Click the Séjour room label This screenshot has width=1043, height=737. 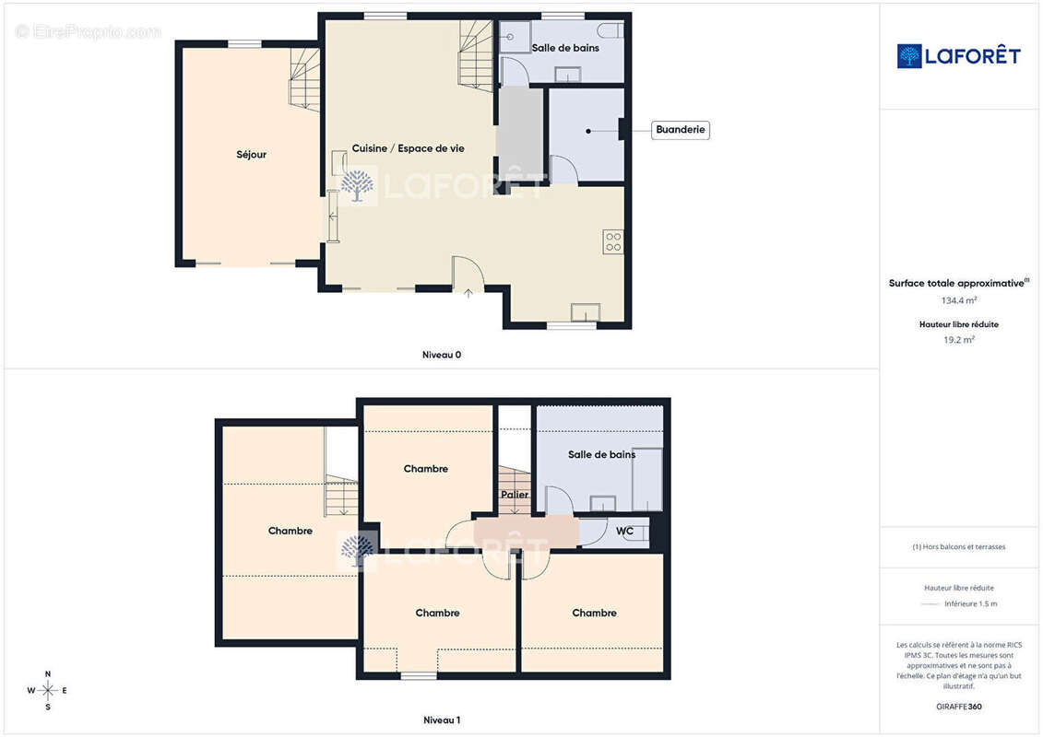252,155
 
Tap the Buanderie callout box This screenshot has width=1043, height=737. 680,130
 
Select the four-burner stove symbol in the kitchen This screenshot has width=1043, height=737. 613,242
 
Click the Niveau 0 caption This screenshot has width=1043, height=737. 442,355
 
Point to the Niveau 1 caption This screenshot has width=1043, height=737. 442,719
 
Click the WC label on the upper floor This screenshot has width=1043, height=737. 624,531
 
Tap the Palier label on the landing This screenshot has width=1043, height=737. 515,495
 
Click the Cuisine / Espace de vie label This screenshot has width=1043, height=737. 408,148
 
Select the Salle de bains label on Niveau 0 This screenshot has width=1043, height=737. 565,48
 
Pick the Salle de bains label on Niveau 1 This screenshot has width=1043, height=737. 601,454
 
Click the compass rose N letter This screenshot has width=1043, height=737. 48,673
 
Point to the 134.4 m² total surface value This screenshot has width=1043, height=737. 958,300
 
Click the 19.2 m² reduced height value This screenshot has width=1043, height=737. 958,340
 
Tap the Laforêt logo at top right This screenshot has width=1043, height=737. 958,56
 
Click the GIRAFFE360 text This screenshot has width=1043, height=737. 958,707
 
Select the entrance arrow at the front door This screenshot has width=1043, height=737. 468,292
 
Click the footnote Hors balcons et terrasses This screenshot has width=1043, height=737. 958,547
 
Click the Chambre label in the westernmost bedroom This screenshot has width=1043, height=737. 290,531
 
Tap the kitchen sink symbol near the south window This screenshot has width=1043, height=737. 586,312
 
